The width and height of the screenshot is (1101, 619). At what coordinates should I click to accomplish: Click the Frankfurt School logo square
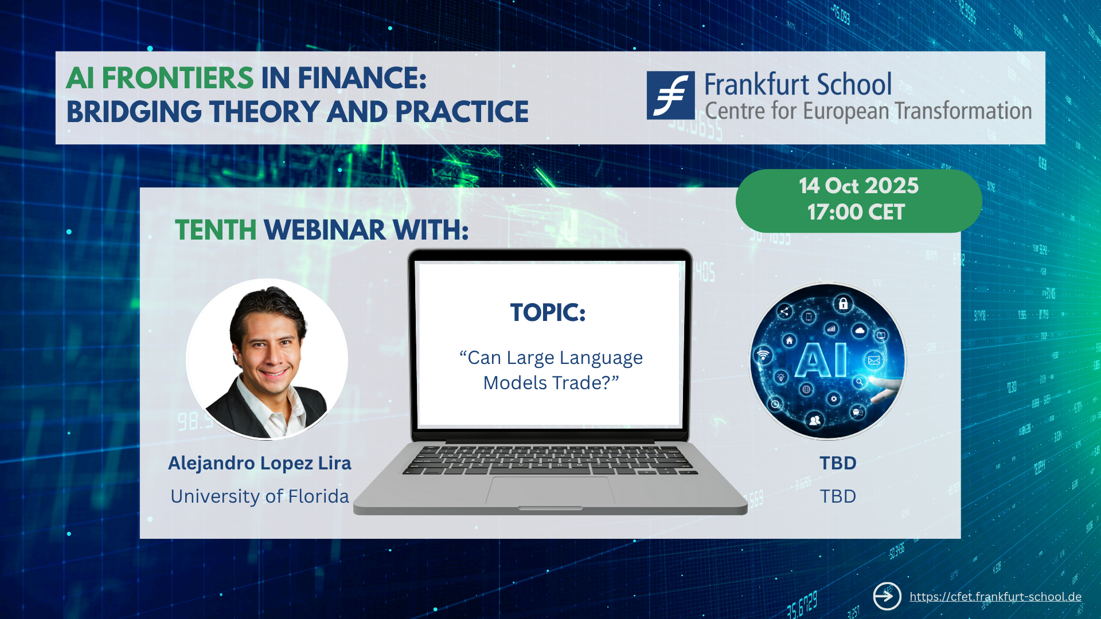(x=670, y=95)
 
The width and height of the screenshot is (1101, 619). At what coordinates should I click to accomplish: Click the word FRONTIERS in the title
(x=178, y=78)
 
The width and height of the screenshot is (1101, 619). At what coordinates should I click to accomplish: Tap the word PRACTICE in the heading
(x=462, y=112)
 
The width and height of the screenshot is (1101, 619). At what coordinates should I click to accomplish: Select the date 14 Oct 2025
(x=858, y=186)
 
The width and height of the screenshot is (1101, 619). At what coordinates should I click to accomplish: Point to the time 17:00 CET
(x=856, y=212)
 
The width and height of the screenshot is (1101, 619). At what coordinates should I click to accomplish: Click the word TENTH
(x=216, y=230)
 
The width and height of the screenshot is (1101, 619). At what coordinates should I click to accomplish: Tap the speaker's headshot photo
(x=267, y=359)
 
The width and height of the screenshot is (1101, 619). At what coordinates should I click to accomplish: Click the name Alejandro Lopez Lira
(x=260, y=463)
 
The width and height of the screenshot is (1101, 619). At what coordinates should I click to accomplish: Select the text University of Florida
(x=260, y=496)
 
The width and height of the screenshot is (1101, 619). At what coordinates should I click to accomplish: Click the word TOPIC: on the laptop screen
(x=548, y=312)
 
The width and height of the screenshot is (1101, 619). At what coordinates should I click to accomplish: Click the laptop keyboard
(x=550, y=460)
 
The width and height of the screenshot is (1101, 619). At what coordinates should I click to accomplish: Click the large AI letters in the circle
(x=822, y=360)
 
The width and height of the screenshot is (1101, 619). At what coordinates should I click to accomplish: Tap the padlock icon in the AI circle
(x=843, y=304)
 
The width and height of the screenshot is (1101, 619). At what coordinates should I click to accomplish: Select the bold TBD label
(x=838, y=463)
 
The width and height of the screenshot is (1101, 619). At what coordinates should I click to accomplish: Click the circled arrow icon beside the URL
(x=887, y=596)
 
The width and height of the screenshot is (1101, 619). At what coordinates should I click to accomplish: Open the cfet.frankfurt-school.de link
(x=995, y=597)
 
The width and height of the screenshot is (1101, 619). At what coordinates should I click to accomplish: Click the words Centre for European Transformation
(x=868, y=111)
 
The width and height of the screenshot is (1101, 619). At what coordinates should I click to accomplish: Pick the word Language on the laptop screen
(x=601, y=358)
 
